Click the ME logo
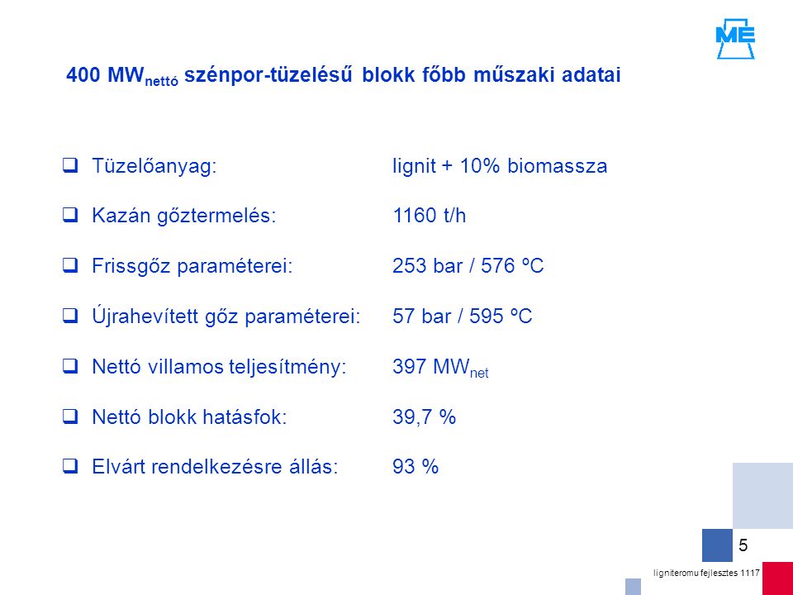735,39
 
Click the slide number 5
743,545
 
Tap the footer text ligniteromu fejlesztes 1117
706,573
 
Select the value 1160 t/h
429,216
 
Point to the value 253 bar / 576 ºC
468,266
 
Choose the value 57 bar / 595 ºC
463,317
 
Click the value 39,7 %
425,417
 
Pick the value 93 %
415,467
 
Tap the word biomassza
558,166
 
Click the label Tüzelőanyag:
154,167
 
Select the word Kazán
119,216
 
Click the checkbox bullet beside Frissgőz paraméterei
69,265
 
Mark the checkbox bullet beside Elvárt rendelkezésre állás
69,466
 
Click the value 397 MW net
440,368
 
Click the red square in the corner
778,578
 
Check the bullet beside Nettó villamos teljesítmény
69,366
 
